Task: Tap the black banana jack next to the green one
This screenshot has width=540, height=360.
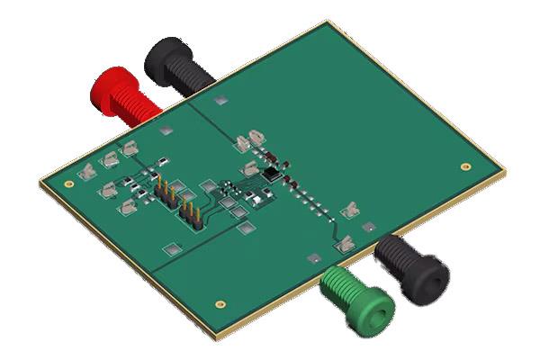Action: tap(409, 265)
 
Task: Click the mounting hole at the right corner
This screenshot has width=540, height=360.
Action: tap(463, 166)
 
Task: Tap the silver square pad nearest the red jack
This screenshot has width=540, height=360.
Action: tap(165, 131)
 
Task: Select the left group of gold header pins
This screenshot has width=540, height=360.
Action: tap(166, 192)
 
